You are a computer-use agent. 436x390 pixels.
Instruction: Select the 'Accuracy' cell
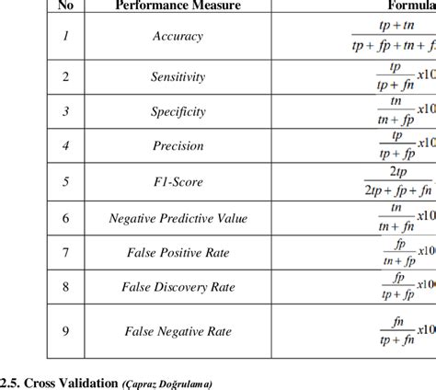178,37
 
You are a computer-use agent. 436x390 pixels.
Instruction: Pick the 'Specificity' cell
178,111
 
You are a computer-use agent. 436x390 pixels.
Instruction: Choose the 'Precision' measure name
178,144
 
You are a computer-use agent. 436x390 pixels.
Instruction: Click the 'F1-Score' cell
178,181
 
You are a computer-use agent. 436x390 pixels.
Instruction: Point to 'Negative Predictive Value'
178,218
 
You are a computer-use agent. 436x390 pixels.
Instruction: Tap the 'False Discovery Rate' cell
178,288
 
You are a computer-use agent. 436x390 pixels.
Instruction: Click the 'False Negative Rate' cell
178,330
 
